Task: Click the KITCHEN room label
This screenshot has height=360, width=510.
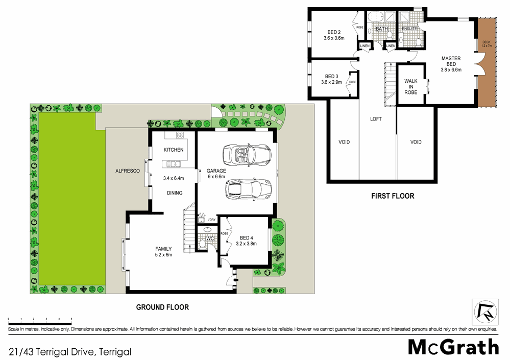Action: [x=173, y=150]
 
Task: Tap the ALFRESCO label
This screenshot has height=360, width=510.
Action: [x=128, y=172]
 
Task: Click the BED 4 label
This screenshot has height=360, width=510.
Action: [x=246, y=238]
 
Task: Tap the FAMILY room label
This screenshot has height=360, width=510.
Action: [x=163, y=249]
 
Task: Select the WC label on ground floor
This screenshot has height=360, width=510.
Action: [x=209, y=238]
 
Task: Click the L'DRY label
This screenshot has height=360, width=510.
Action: [x=211, y=220]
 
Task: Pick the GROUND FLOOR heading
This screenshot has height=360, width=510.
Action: [x=162, y=307]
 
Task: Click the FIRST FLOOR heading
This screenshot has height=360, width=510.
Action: [x=393, y=196]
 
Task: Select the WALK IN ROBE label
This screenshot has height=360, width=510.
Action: [x=411, y=87]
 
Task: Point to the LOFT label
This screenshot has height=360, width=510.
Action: [x=376, y=119]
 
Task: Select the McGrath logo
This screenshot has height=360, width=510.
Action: [x=453, y=347]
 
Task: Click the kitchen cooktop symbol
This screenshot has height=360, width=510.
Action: [x=180, y=135]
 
